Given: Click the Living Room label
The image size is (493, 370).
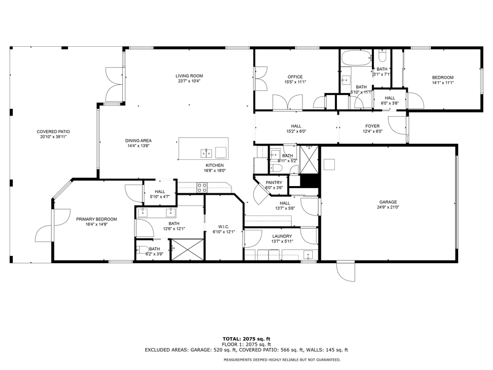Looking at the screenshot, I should [189, 76].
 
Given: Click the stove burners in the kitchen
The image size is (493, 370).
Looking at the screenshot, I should [201, 188].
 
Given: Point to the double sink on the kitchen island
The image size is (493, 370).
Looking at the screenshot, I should [206, 153].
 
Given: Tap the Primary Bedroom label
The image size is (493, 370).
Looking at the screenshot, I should [97, 219].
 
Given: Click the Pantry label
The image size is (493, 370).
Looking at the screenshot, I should [273, 182].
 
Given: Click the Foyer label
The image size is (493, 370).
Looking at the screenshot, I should [372, 126].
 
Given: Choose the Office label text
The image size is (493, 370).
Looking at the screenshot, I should [295, 77].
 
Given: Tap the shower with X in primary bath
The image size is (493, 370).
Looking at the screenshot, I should [187, 250].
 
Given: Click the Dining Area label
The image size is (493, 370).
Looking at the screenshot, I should [138, 141].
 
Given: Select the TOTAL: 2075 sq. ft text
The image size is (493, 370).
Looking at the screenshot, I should [246, 339].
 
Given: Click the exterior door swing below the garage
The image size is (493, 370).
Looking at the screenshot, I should [345, 271].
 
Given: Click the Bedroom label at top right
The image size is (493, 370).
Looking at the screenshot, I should [442, 78].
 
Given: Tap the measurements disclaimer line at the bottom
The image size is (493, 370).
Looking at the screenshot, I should [282, 360].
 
